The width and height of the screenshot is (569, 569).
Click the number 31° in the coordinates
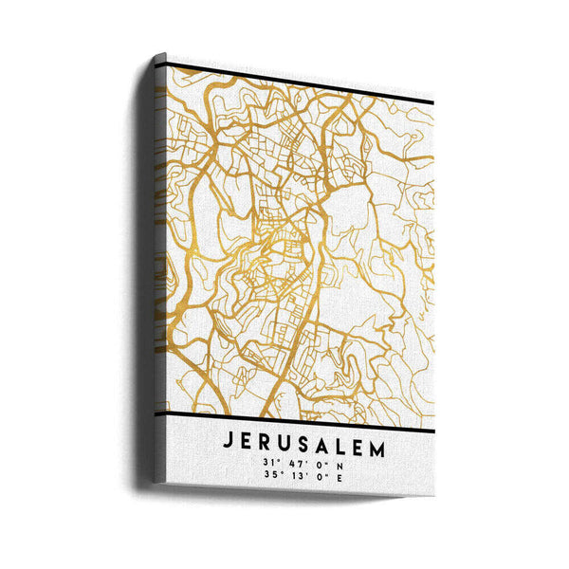tap(271, 463)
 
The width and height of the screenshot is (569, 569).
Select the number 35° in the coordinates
tap(271, 477)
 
